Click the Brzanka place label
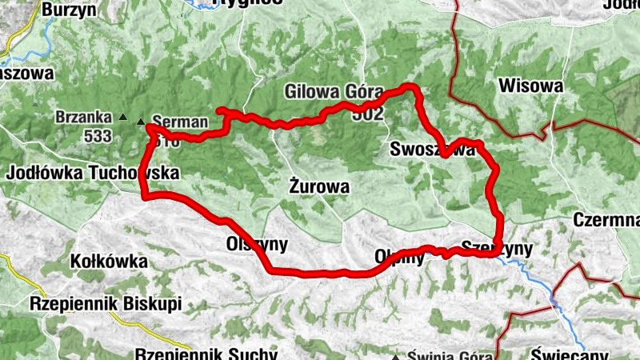point(83,117)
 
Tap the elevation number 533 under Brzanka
point(98,136)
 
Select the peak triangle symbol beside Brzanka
point(122,118)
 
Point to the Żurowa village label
point(318,188)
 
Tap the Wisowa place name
point(529,86)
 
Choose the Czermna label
point(606,220)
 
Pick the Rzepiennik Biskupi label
point(106,304)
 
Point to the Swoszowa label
point(432,150)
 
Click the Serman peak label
point(179,122)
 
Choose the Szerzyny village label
point(497,249)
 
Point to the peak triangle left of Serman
point(142,122)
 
